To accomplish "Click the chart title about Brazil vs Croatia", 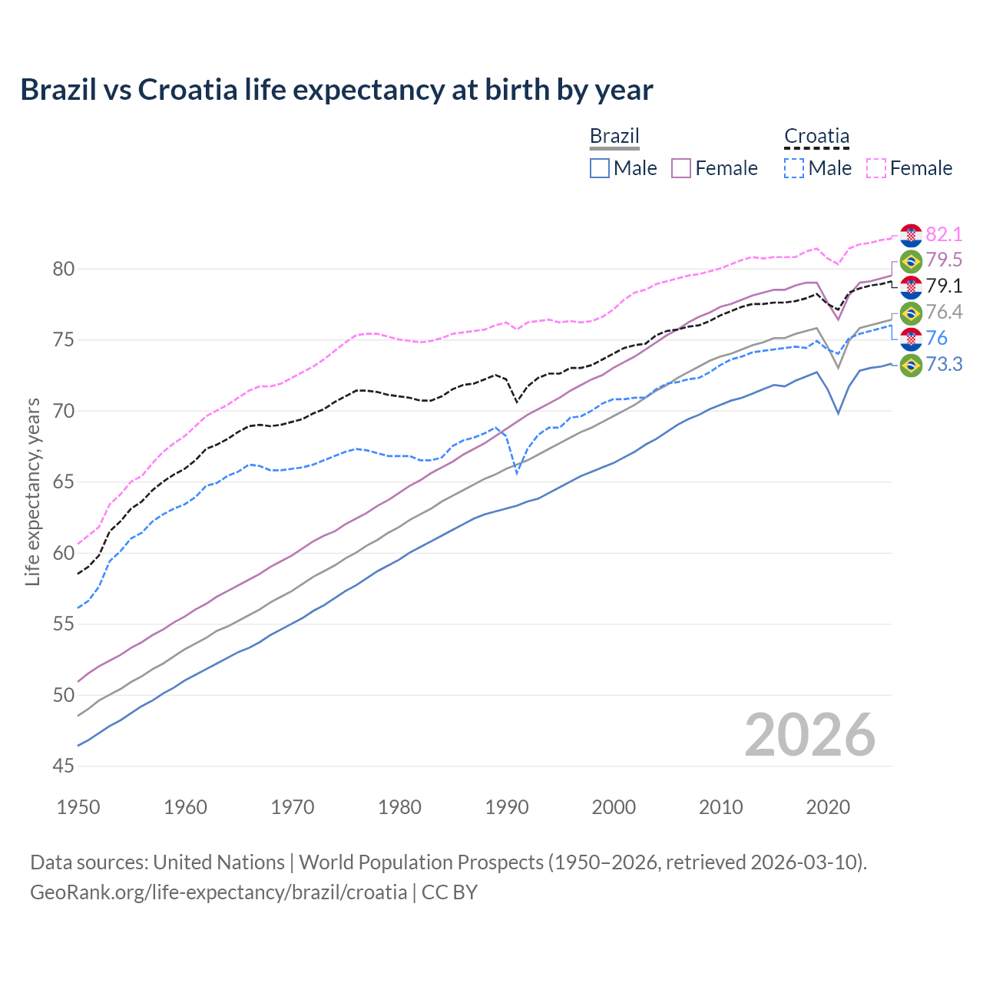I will (x=336, y=90).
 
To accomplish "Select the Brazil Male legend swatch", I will (x=600, y=168).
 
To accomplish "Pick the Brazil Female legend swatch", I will (x=681, y=168).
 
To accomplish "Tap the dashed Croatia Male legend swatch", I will (x=794, y=168).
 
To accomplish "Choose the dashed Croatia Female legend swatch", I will (x=876, y=168).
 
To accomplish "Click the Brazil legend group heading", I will (x=614, y=137).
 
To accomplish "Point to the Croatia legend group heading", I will (x=816, y=137).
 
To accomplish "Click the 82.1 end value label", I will (x=944, y=234).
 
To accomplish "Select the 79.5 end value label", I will (x=944, y=260).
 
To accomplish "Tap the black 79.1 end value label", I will (x=944, y=286).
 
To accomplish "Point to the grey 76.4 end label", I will (x=944, y=312).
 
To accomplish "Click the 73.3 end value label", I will (x=944, y=364).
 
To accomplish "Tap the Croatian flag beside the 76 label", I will (x=911, y=338).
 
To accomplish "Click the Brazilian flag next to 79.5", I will (x=911, y=261).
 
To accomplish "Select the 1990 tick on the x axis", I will (x=507, y=807).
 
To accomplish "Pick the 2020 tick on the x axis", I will (x=828, y=807).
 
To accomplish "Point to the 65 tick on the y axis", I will (x=64, y=482).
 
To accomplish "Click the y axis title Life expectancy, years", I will (x=32, y=491).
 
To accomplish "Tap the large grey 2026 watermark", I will (x=810, y=735).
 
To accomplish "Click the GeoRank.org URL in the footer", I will (x=218, y=892).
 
